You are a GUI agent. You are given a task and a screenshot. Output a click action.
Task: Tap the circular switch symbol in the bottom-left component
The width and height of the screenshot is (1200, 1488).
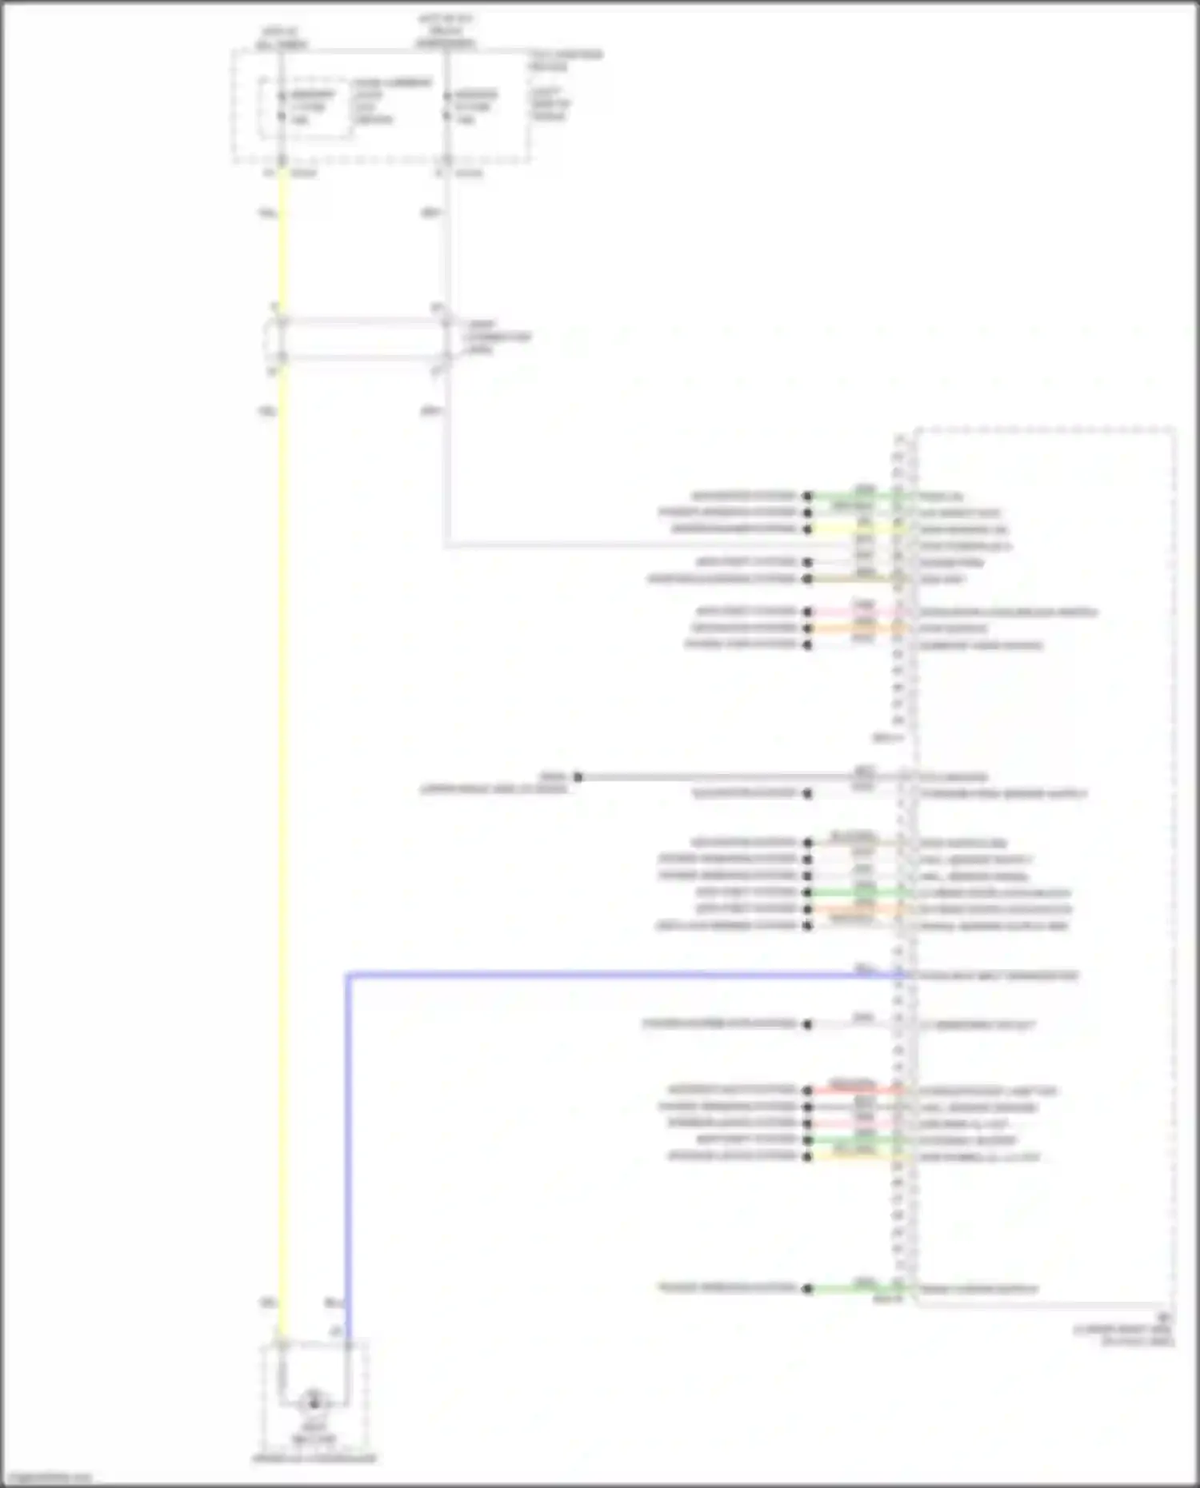pyautogui.click(x=314, y=1402)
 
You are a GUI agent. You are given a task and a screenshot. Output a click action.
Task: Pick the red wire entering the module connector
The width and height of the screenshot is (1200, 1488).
pyautogui.click(x=856, y=1090)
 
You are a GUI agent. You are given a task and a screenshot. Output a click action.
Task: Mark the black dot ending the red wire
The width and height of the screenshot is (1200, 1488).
pyautogui.click(x=808, y=1090)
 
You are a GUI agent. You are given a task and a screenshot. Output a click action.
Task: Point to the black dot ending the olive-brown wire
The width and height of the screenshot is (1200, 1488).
pyautogui.click(x=808, y=578)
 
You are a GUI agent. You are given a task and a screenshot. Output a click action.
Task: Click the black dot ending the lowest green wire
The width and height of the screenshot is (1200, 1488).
pyautogui.click(x=808, y=1288)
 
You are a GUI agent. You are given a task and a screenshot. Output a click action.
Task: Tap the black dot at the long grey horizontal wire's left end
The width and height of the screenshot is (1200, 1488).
pyautogui.click(x=578, y=776)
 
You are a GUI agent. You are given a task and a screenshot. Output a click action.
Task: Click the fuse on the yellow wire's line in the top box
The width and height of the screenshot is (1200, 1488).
pyautogui.click(x=282, y=106)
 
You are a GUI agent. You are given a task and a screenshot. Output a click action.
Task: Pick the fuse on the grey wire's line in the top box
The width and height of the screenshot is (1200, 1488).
pyautogui.click(x=446, y=106)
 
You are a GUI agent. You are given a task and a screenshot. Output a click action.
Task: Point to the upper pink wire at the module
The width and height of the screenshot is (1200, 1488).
pyautogui.click(x=856, y=612)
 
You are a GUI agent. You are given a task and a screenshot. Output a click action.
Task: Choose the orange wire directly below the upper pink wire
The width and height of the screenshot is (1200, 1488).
pyautogui.click(x=856, y=628)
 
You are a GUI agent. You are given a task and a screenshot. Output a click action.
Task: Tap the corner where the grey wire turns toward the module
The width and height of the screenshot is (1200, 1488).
pyautogui.click(x=446, y=545)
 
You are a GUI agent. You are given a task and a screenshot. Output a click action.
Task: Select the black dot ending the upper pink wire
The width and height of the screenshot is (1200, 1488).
pyautogui.click(x=808, y=612)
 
